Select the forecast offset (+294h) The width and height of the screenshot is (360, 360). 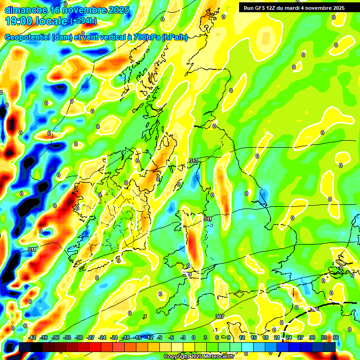tap(83, 21)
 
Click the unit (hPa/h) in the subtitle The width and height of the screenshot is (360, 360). tap(174, 37)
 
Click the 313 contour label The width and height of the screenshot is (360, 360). tap(193, 161)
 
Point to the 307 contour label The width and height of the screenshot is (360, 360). tap(219, 316)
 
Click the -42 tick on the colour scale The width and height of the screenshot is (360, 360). tap(32, 337)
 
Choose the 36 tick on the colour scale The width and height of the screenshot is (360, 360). tap(335, 337)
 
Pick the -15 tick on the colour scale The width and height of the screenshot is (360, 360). tap(137, 337)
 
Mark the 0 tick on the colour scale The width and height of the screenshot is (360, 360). tap(194, 337)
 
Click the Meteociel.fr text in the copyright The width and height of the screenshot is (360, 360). tap(216, 357)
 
